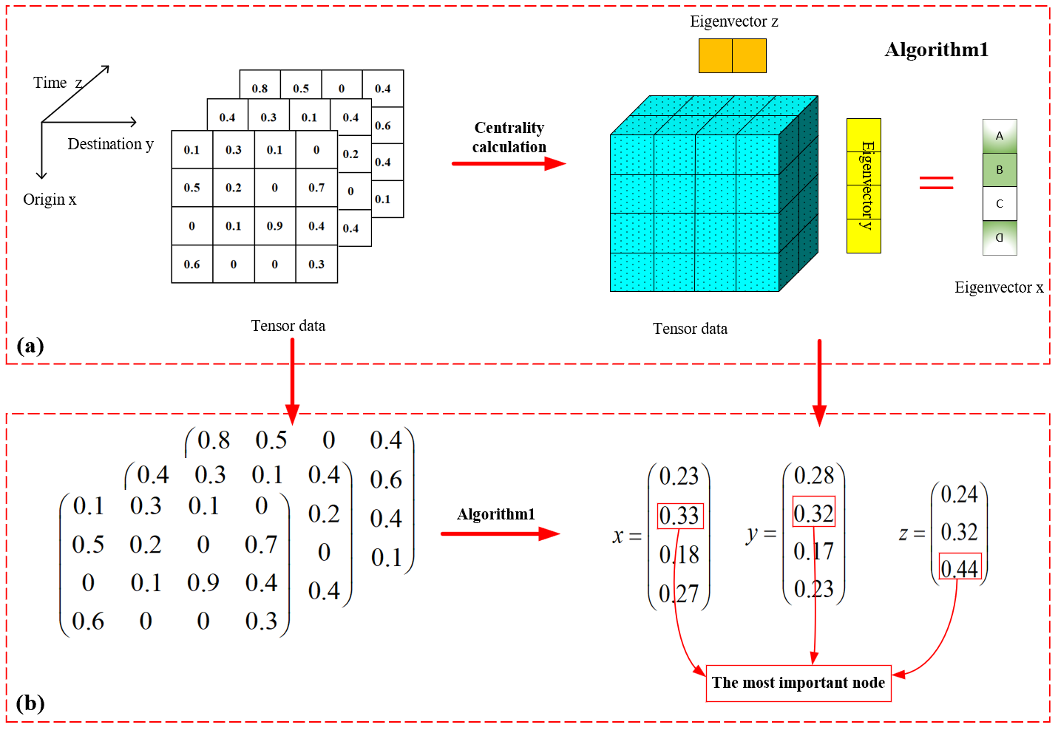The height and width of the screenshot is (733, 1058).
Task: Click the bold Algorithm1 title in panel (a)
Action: [936, 50]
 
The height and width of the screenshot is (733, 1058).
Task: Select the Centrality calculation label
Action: [509, 137]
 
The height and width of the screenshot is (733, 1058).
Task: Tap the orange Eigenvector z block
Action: [732, 55]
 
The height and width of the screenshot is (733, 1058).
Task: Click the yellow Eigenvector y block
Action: [864, 185]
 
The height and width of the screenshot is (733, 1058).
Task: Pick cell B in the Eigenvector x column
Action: [1000, 170]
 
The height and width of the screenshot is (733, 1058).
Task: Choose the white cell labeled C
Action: [1000, 204]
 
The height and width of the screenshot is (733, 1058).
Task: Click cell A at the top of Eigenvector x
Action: [1000, 136]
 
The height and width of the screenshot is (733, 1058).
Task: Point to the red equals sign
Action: [936, 183]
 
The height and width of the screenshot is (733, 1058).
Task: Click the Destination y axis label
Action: [110, 144]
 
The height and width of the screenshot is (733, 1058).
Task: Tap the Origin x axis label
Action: [50, 200]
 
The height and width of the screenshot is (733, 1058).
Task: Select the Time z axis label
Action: [58, 83]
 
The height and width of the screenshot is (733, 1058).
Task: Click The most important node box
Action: [798, 683]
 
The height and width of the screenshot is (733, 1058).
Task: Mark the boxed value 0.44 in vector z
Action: [960, 568]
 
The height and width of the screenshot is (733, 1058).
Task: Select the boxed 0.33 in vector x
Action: [679, 515]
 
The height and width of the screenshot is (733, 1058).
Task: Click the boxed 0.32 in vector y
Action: [813, 513]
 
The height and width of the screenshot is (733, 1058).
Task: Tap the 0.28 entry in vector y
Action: [813, 475]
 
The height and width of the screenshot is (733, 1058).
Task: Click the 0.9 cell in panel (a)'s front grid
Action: [274, 226]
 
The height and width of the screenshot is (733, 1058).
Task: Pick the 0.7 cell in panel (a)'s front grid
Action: [316, 188]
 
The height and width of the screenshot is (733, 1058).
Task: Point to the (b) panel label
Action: [30, 703]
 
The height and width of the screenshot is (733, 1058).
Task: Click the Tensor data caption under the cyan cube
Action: [690, 329]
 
